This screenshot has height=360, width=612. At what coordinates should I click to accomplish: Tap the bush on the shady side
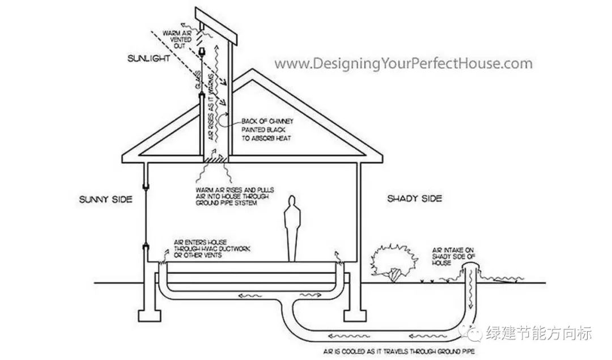click(391, 261)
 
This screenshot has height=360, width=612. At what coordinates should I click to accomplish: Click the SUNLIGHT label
click(149, 58)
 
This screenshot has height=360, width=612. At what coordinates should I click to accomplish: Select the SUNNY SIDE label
click(106, 199)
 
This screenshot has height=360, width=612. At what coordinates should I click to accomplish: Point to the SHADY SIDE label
click(414, 198)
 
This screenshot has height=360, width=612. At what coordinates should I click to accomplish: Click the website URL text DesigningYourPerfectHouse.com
click(403, 63)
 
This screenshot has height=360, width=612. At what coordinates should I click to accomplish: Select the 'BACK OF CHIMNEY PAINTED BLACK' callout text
click(266, 129)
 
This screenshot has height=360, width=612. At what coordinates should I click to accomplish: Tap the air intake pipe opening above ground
click(469, 273)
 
